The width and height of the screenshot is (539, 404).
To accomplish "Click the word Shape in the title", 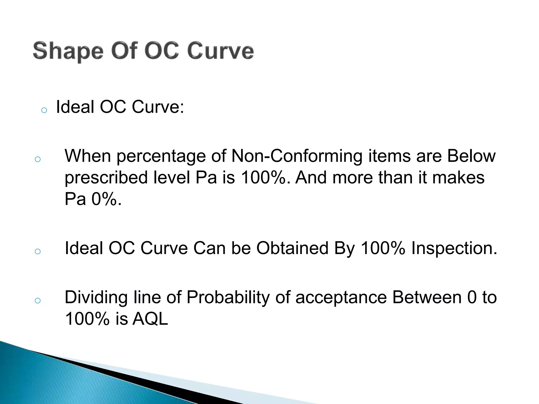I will pos(68,51).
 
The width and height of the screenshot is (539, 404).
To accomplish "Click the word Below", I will pos(471,156).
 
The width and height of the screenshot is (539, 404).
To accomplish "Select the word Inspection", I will pos(454,249).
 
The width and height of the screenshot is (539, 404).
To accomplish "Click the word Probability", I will pos(228,298).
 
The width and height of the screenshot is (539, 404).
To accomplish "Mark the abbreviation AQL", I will pos(150,319).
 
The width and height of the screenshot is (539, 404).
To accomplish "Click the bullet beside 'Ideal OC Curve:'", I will pos(44,110).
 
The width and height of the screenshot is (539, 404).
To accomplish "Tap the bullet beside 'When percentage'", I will pos(38,159).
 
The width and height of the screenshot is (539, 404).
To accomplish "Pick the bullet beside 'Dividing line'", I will pos(38,300).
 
